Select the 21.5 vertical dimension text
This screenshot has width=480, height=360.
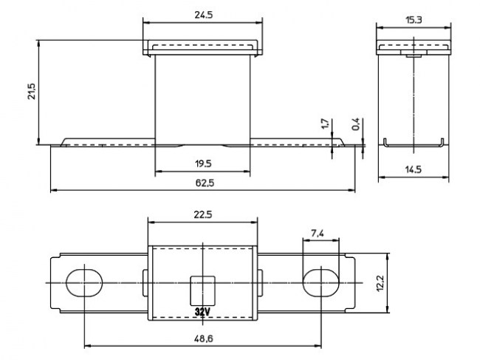[x=31, y=93]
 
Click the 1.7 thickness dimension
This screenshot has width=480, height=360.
[x=326, y=123]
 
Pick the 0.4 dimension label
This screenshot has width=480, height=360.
[x=356, y=123]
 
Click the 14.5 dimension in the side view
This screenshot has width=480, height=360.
[x=414, y=169]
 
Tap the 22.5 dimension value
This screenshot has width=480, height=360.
[x=203, y=214]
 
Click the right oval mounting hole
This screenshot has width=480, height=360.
[x=320, y=282]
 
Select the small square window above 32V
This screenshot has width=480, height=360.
[x=202, y=287]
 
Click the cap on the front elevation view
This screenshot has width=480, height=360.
[x=202, y=48]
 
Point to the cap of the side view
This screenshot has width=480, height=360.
[x=414, y=48]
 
